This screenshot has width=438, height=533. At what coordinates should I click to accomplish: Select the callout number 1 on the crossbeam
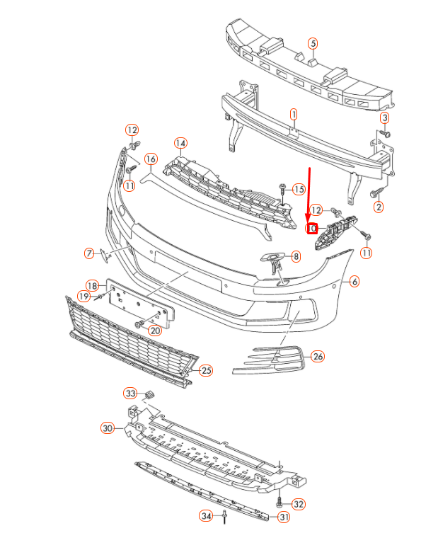[294, 113]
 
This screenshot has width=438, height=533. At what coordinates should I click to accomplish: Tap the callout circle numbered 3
[385, 117]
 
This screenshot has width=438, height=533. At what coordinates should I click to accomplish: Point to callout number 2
[379, 207]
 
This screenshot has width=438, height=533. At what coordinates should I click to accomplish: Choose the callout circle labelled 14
[180, 144]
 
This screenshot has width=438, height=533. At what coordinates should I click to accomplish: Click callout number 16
[150, 159]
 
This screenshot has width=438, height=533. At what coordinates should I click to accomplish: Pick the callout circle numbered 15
[298, 189]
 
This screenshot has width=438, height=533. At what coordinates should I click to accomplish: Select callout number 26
[318, 356]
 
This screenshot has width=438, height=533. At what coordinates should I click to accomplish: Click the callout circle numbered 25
[206, 369]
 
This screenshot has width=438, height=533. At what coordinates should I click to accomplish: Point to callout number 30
[108, 428]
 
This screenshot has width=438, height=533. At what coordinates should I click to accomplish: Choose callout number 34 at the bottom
[205, 515]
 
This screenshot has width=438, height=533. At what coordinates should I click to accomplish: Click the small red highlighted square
[310, 228]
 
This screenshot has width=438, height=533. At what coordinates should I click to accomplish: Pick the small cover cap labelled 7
[104, 254]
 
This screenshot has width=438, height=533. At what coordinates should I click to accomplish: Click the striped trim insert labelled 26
[269, 358]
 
